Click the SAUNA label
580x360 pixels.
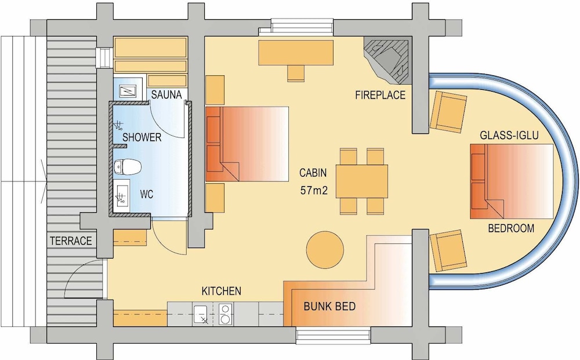(x=168, y=94)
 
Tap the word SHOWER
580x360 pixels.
(x=142, y=137)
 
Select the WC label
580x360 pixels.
(x=146, y=195)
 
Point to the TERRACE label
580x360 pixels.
(x=70, y=241)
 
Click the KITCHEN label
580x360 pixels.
(x=221, y=291)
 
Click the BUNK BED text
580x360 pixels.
(x=330, y=306)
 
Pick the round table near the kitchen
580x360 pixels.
(x=324, y=249)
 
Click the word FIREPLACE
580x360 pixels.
(x=380, y=95)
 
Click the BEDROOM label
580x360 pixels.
(x=510, y=228)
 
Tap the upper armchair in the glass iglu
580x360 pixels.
(x=449, y=111)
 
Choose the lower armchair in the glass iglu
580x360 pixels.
(x=447, y=250)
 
